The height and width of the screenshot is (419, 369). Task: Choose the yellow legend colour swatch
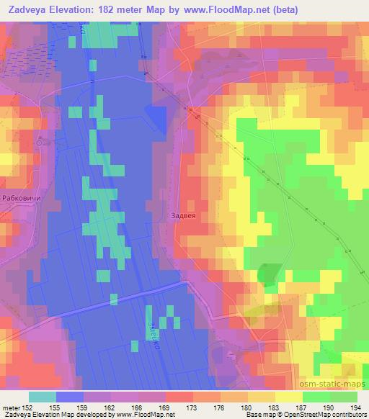[288, 397]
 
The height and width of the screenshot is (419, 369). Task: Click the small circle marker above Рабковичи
[41, 143]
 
